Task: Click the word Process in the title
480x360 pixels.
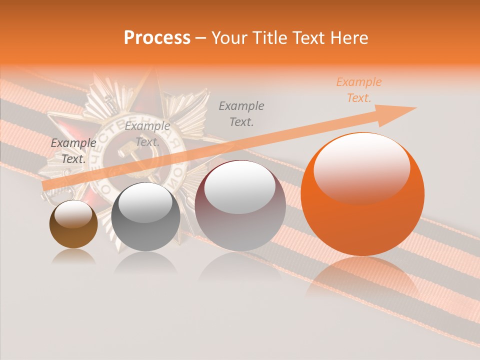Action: (x=157, y=38)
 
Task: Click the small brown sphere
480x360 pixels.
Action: (x=73, y=225)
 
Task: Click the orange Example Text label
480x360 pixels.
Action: (x=358, y=90)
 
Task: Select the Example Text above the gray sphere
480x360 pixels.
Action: (x=147, y=134)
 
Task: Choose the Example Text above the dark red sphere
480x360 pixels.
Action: (x=241, y=113)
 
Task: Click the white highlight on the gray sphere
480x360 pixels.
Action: (x=145, y=202)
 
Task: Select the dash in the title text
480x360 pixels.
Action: (x=201, y=38)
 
